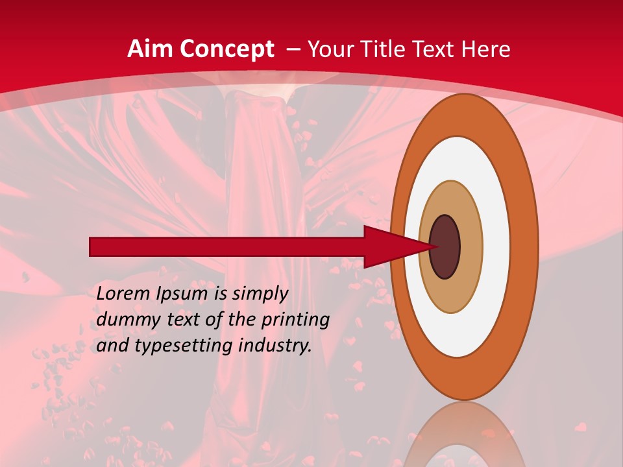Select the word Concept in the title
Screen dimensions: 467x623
coord(227,49)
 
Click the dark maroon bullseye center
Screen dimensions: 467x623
coord(445,246)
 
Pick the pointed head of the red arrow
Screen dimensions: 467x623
coord(422,246)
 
